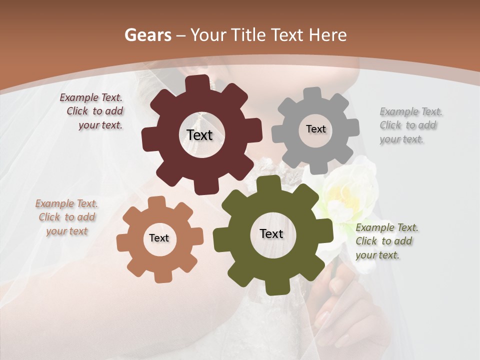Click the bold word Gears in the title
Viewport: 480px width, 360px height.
click(x=147, y=35)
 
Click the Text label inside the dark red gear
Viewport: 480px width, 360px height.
click(x=199, y=135)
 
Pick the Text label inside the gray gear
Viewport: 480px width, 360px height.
click(x=315, y=129)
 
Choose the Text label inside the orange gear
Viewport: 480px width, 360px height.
click(x=159, y=238)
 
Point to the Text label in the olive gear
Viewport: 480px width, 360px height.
click(x=271, y=233)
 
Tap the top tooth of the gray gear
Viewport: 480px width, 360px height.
click(x=312, y=93)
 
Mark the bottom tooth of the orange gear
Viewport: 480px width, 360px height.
click(x=161, y=276)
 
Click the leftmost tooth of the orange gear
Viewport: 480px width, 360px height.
click(x=122, y=243)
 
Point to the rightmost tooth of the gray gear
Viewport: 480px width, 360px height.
click(x=353, y=127)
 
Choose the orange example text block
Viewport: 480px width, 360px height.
click(x=66, y=217)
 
